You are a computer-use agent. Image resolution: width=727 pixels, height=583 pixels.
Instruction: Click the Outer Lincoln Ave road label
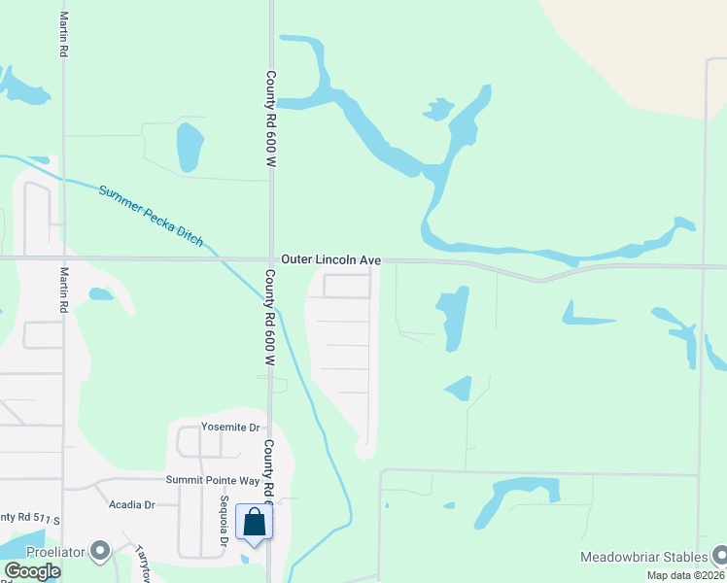[330, 260]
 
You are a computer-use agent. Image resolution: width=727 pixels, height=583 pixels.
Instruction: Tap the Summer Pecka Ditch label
[151, 215]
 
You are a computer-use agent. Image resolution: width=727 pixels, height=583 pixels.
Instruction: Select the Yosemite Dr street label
[230, 427]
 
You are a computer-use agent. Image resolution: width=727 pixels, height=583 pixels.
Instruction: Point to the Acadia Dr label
[132, 504]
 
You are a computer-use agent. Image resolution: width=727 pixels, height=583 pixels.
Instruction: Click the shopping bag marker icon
[254, 523]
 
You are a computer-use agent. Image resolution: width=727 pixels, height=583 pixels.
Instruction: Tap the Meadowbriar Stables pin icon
[719, 555]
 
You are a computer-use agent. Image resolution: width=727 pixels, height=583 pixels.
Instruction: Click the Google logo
[32, 571]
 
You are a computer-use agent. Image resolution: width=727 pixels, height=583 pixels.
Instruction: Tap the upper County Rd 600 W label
[271, 119]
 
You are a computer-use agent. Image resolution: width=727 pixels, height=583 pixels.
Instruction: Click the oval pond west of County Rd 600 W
[188, 148]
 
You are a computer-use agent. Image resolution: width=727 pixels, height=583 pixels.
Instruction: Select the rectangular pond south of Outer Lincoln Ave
[453, 317]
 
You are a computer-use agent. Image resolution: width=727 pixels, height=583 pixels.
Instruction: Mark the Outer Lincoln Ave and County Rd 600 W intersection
[271, 259]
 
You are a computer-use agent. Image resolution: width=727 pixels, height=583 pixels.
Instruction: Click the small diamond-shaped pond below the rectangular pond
[459, 389]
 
